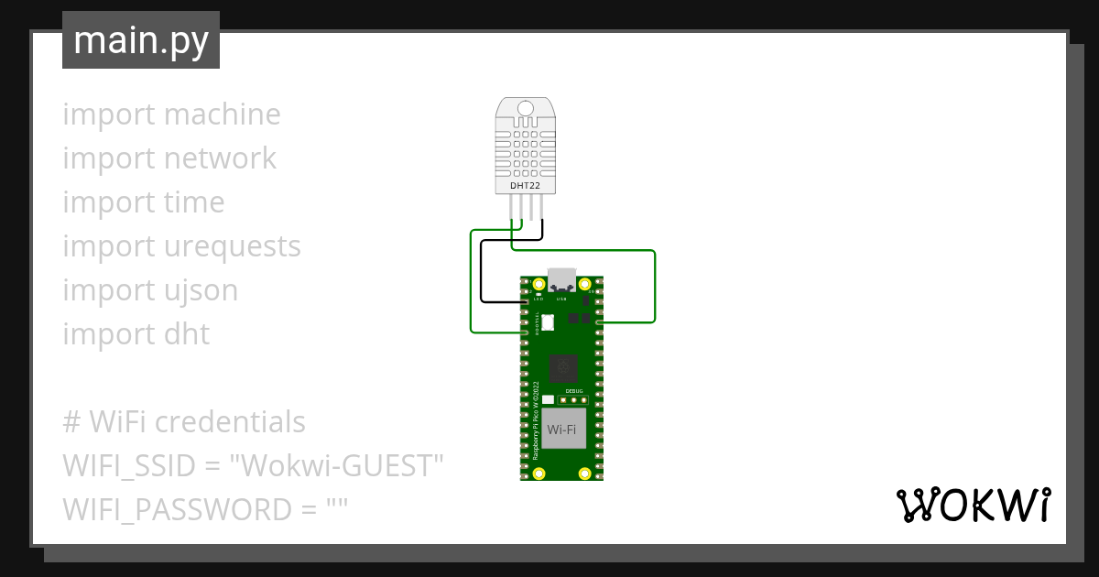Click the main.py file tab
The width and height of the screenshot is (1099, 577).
tap(141, 41)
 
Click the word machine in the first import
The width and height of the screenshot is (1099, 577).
tap(223, 114)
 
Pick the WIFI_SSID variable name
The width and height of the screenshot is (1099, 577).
tap(129, 466)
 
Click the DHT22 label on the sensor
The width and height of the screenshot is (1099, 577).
tap(525, 187)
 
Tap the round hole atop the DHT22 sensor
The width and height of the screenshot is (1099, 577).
tap(525, 110)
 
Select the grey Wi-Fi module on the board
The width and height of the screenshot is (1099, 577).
tap(562, 428)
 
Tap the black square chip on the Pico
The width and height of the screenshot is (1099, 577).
tap(562, 369)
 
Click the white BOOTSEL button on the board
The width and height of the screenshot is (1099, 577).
tap(549, 321)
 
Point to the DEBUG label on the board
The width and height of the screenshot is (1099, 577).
tap(573, 389)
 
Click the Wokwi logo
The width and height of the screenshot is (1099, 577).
tap(973, 505)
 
